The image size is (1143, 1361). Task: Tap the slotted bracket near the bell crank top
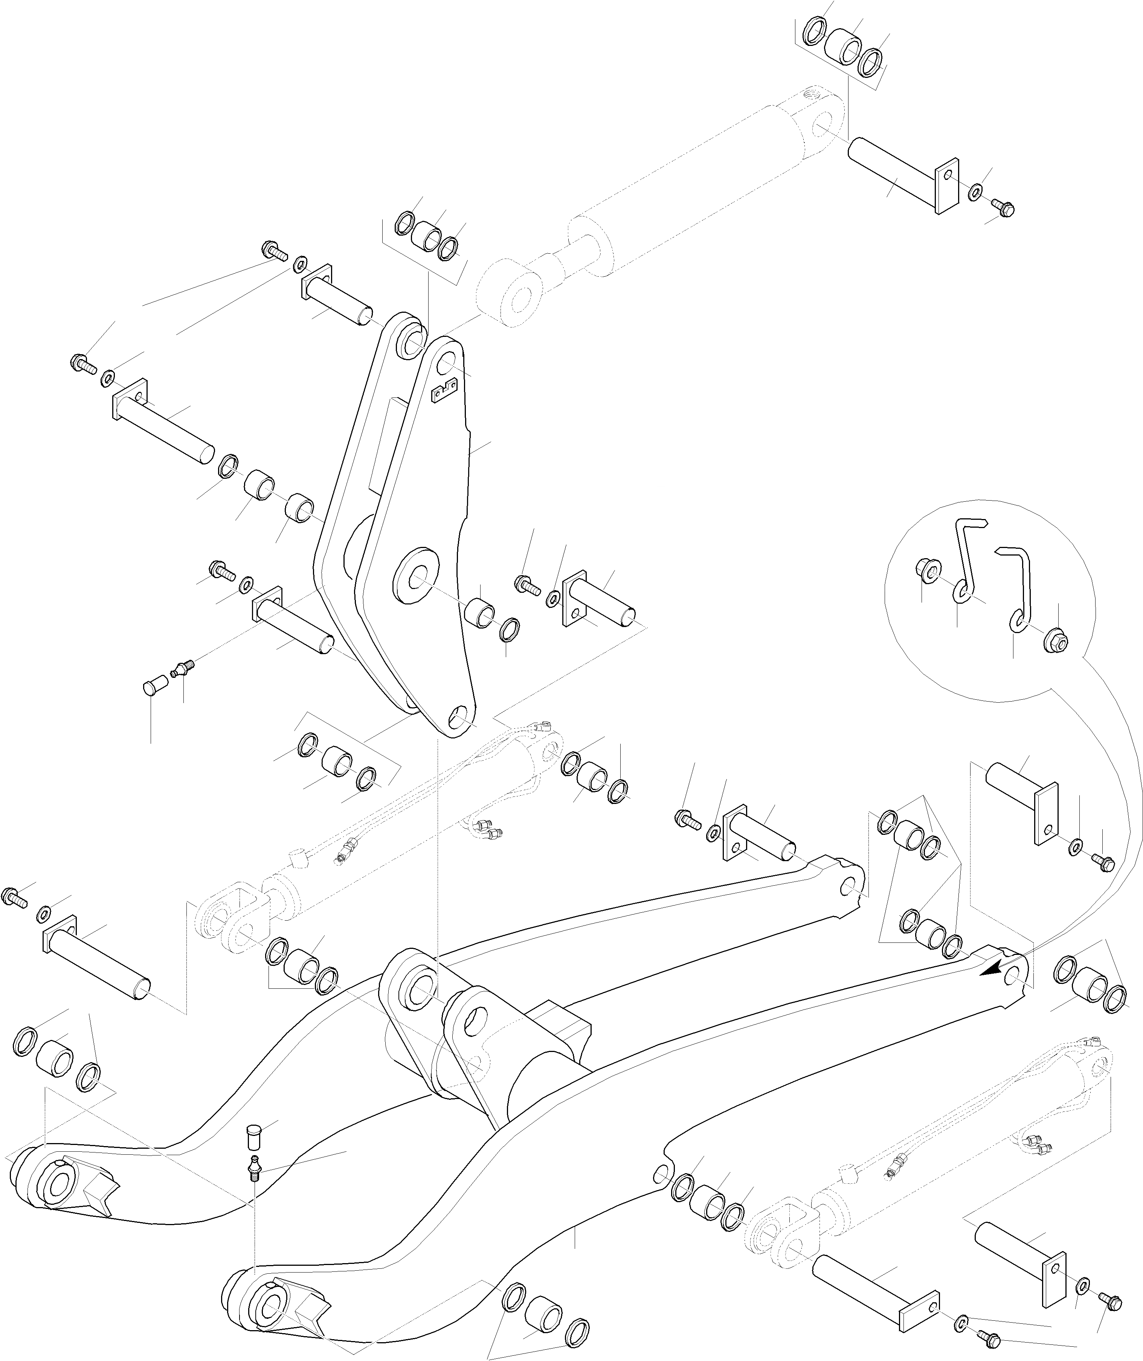pos(445,390)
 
